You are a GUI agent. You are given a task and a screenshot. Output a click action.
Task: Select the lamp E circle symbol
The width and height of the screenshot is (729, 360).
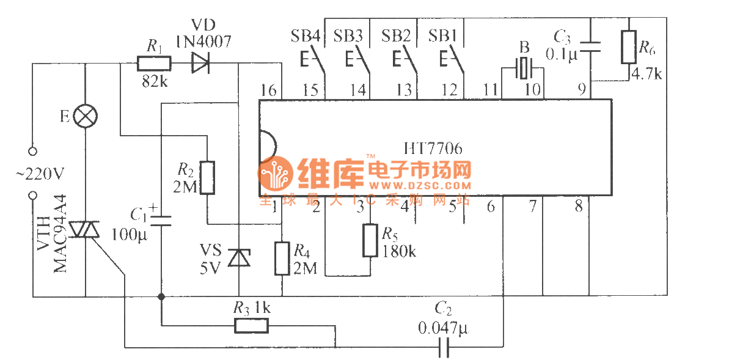[85, 116]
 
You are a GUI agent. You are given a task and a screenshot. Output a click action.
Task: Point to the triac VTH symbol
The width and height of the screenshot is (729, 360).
[85, 230]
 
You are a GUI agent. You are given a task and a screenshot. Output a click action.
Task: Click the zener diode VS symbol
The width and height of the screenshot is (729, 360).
[238, 257]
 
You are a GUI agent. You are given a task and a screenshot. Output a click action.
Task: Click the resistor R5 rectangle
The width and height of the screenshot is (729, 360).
[370, 240]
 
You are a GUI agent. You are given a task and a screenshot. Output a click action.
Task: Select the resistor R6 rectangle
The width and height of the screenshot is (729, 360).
[629, 46]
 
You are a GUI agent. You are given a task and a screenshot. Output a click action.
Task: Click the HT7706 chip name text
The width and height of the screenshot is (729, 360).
[433, 149]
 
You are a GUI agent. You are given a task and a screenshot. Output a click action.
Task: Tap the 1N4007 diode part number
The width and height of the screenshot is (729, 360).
[203, 42]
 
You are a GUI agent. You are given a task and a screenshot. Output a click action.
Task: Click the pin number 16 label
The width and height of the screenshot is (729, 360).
[268, 90]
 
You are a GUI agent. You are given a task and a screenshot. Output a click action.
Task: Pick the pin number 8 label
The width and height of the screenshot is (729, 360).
[579, 207]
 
